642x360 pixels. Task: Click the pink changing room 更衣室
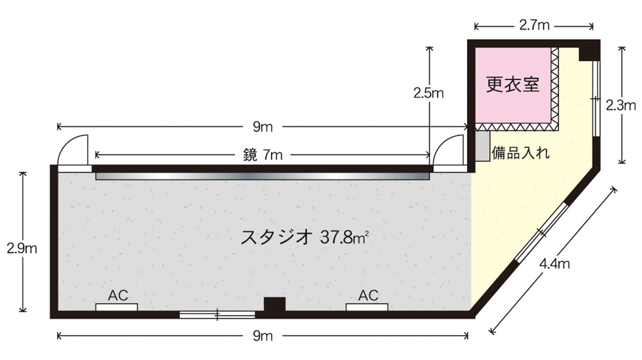coord(512,85)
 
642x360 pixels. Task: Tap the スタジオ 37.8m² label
coord(305,237)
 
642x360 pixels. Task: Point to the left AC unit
coord(117,307)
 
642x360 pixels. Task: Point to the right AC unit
coord(367,307)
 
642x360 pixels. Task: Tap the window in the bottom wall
coord(217,315)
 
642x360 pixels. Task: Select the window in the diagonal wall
coord(541,232)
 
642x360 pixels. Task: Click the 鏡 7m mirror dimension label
coord(263,155)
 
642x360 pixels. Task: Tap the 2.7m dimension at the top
coord(534,26)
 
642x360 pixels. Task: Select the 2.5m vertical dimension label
coord(428,93)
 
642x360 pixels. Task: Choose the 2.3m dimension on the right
coord(621,106)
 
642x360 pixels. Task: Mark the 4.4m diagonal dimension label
coord(554,264)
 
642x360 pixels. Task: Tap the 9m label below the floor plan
coord(263,336)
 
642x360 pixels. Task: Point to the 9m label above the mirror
coord(263,127)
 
